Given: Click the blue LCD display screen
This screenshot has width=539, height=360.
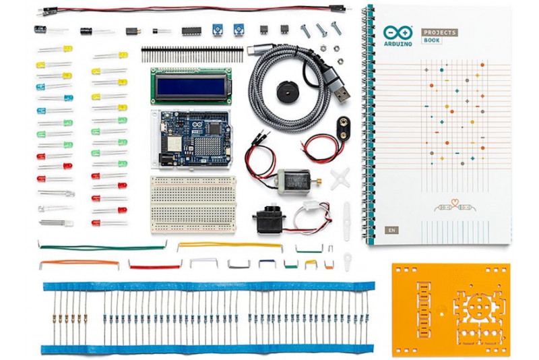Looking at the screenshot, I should (x=191, y=85).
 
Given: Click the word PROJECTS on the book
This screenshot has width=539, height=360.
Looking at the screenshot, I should (x=440, y=32).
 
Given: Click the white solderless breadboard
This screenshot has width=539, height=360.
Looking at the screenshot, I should (x=192, y=204).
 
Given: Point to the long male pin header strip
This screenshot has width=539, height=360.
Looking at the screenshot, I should (x=191, y=51).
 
